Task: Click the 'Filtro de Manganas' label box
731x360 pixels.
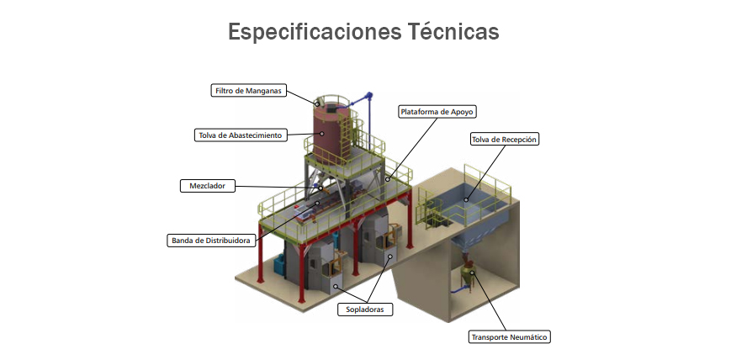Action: (x=248, y=91)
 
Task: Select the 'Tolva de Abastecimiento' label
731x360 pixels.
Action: (x=241, y=135)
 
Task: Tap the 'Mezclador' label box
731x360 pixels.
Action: (x=208, y=186)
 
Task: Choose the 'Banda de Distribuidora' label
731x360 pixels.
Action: (x=211, y=241)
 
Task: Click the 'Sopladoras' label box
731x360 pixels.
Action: (x=365, y=310)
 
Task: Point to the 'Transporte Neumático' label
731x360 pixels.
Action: (x=509, y=337)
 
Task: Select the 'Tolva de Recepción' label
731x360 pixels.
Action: (x=504, y=139)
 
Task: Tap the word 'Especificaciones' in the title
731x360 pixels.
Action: (x=315, y=33)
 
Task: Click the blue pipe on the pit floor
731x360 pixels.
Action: (x=459, y=289)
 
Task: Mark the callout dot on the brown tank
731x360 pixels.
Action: (x=321, y=133)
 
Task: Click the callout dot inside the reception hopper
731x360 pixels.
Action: (x=465, y=199)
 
